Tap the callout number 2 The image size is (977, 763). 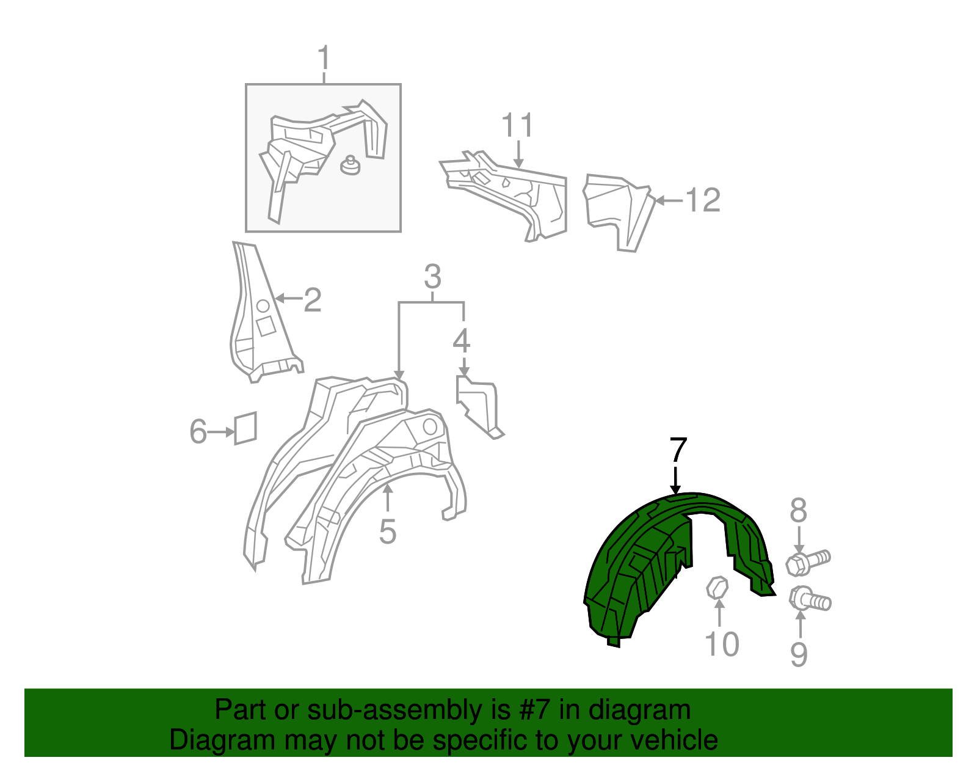point(313,300)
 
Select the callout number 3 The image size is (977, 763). point(432,277)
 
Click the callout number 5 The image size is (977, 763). point(388,531)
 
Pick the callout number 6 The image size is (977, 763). point(198,431)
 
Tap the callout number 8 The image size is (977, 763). point(799,510)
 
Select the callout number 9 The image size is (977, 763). point(799,654)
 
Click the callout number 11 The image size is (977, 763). point(517,125)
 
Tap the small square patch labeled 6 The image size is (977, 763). point(245,428)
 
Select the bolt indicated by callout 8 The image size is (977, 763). point(808,563)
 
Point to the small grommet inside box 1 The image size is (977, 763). point(350,165)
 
